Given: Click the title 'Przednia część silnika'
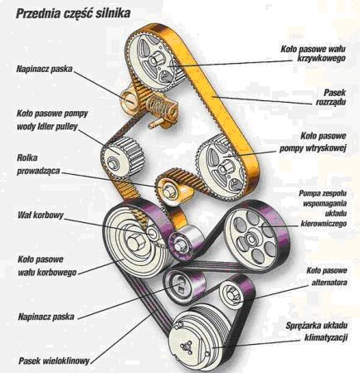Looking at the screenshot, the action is [x=73, y=13].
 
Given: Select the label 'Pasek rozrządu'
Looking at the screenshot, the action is [x=331, y=97].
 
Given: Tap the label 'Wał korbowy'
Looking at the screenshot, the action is [x=41, y=215].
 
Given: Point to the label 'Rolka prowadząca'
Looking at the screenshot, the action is [x=38, y=165].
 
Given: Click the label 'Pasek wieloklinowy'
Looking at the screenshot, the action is [x=54, y=361].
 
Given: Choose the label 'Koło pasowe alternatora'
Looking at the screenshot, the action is [x=328, y=277].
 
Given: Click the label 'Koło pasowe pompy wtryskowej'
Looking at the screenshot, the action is [x=313, y=143].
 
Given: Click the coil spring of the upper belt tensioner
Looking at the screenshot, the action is [x=158, y=106].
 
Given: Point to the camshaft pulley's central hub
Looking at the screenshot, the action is [x=155, y=61].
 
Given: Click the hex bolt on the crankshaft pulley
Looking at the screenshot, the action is [x=135, y=244].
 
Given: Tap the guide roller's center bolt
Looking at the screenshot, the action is [x=168, y=191].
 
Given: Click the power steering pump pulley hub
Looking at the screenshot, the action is [x=251, y=238].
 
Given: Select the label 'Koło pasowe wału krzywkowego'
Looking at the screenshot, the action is [x=314, y=53].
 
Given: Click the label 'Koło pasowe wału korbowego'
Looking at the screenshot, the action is [x=47, y=266].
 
